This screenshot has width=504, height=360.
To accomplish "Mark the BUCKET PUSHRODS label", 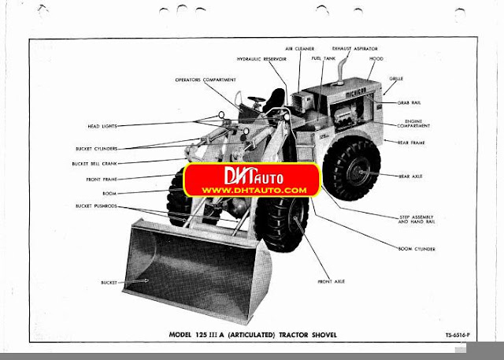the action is tap(96, 206).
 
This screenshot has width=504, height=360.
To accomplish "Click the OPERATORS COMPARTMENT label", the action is tap(206, 80).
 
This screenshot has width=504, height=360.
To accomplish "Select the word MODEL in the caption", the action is tap(183, 336).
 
